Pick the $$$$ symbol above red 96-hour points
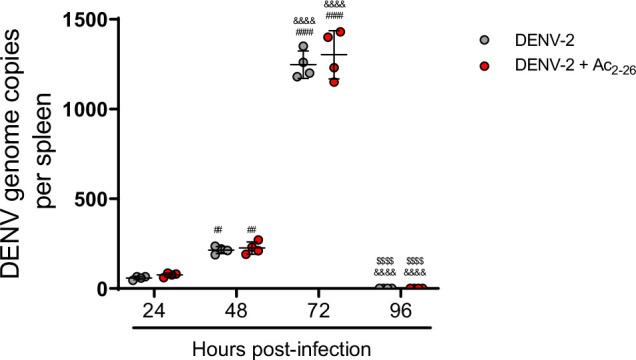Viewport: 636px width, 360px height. [x=415, y=260]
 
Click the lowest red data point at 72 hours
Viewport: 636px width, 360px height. [x=335, y=81]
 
